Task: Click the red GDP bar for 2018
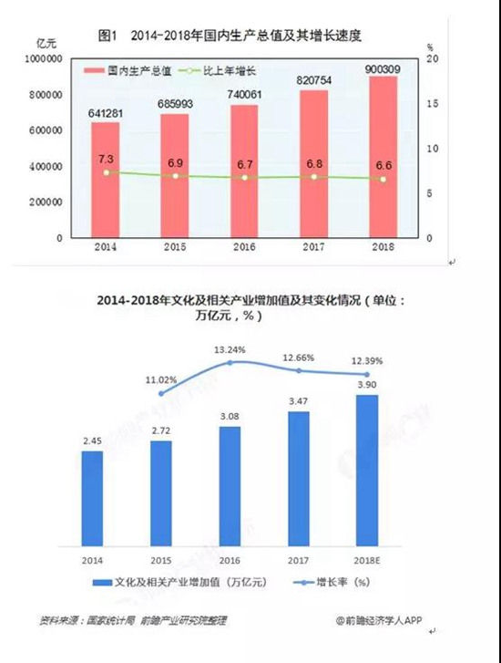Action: click(x=383, y=157)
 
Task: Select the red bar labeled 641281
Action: click(x=106, y=180)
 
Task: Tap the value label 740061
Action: click(x=245, y=95)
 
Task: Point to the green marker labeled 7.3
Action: click(x=106, y=172)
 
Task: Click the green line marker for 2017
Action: click(x=314, y=177)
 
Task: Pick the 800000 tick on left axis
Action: click(x=46, y=95)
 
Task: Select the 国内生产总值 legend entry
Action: click(x=128, y=70)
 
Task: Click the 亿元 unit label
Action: click(x=46, y=43)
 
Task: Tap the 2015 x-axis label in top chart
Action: click(x=175, y=246)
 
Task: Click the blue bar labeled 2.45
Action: click(x=92, y=499)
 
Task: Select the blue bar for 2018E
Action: click(x=367, y=471)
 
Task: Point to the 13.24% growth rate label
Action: click(x=230, y=350)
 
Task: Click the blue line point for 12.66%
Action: click(x=299, y=371)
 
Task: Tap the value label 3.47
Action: click(x=298, y=401)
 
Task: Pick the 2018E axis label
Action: click(x=367, y=561)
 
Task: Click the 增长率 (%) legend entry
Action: click(x=332, y=582)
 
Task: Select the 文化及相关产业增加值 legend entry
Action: click(x=180, y=582)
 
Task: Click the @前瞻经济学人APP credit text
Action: click(x=379, y=620)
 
